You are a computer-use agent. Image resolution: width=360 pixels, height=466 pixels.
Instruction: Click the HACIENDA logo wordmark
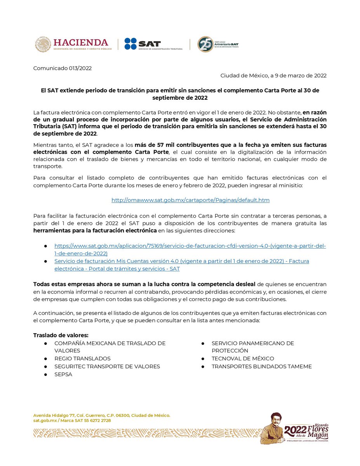coord(81,42)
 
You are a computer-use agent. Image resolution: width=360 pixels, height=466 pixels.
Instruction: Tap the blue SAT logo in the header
coord(142,44)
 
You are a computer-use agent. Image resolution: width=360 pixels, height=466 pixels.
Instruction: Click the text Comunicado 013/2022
coord(63,68)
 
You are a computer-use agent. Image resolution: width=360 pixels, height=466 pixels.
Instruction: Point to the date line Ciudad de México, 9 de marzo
coord(273,75)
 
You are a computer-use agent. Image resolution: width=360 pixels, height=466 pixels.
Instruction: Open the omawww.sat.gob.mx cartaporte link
coord(190,200)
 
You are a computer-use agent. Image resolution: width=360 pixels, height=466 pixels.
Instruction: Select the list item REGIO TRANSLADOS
coord(82,358)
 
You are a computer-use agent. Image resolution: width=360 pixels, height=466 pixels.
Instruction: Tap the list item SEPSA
coord(63,374)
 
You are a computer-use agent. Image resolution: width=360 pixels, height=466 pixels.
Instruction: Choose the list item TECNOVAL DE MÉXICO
coord(243,358)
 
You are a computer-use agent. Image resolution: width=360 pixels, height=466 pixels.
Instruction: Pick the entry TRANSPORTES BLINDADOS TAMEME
coord(261,366)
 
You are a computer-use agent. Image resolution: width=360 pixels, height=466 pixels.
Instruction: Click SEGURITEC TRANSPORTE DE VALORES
coord(107,366)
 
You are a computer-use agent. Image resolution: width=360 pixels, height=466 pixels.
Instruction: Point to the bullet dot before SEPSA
coord(45,375)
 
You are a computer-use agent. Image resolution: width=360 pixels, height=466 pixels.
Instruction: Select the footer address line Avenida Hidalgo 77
coord(101,415)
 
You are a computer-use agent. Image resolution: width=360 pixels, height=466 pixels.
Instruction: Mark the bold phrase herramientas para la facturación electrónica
coord(95,231)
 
